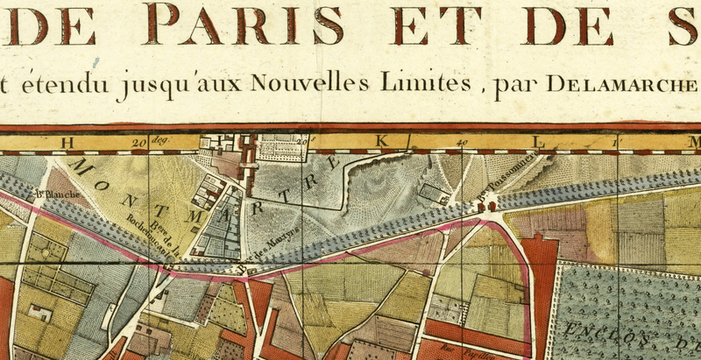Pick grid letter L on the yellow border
(x=541, y=142)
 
